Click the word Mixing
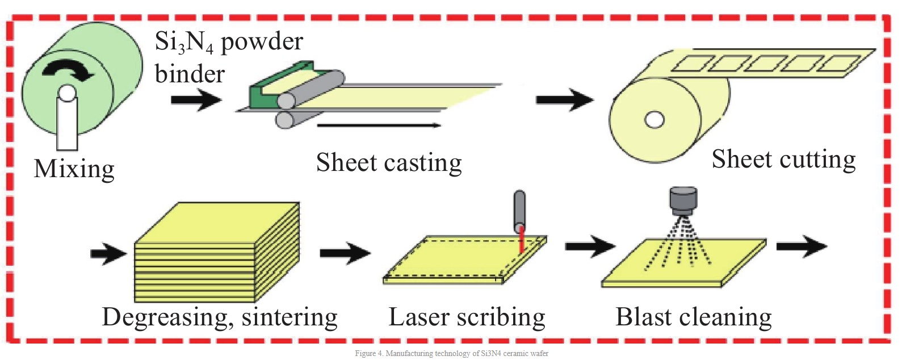pyautogui.click(x=74, y=169)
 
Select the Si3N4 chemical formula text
pyautogui.click(x=184, y=43)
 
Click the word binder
pyautogui.click(x=190, y=74)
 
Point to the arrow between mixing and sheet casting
pyautogui.click(x=196, y=100)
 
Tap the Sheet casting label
pyautogui.click(x=389, y=162)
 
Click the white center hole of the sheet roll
pyautogui.click(x=654, y=120)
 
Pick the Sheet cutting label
pyautogui.click(x=783, y=159)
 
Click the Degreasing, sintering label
pyautogui.click(x=220, y=317)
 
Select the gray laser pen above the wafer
pyautogui.click(x=519, y=211)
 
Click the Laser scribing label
pyautogui.click(x=467, y=317)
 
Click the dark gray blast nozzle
pyautogui.click(x=683, y=201)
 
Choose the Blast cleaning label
pyautogui.click(x=694, y=317)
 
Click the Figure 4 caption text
pyautogui.click(x=452, y=354)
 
